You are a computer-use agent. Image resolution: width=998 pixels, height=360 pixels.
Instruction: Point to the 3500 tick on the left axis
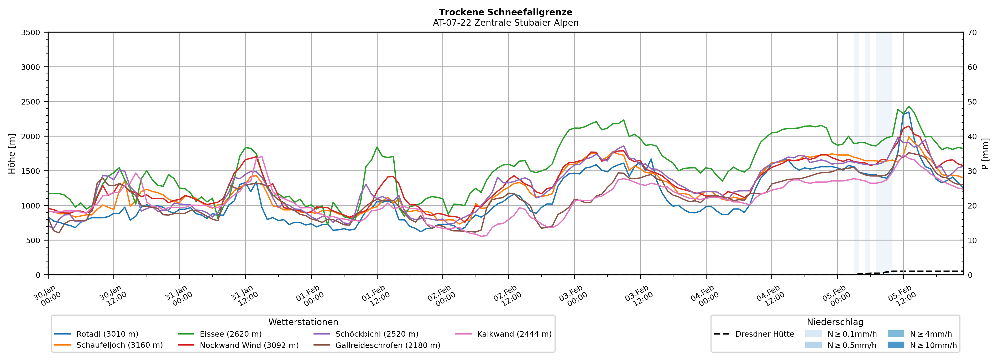31,33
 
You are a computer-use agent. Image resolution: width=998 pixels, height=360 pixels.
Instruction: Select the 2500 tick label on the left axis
31,102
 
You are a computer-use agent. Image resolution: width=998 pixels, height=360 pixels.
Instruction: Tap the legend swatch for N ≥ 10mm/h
895,345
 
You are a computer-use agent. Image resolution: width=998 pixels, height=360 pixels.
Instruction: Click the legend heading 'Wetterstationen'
303,322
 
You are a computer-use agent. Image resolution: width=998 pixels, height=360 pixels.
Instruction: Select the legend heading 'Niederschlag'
835,322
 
